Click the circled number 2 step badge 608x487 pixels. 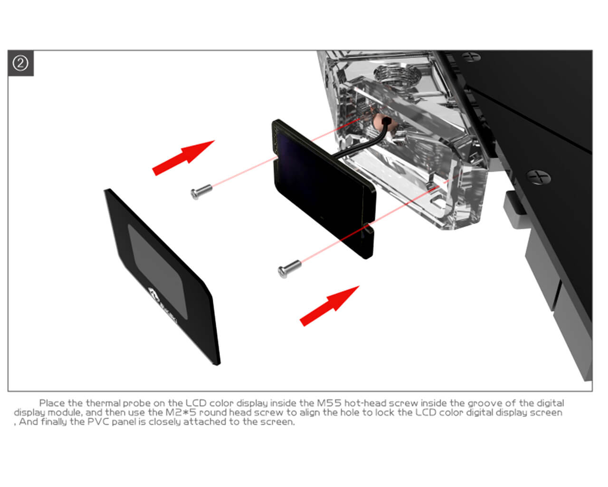pos(20,63)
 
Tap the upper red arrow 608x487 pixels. pos(183,157)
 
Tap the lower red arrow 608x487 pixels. pos(330,306)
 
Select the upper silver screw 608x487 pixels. pos(201,192)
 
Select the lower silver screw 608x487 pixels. pos(289,268)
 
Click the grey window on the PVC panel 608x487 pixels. pos(158,272)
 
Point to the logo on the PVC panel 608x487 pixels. pos(163,306)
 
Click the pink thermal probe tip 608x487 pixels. pos(380,123)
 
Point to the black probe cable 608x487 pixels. pos(364,144)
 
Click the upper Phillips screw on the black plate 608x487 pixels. pos(471,57)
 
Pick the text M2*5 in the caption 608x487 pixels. pos(181,412)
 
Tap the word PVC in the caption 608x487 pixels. pos(98,422)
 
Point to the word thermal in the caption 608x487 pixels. pos(104,403)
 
